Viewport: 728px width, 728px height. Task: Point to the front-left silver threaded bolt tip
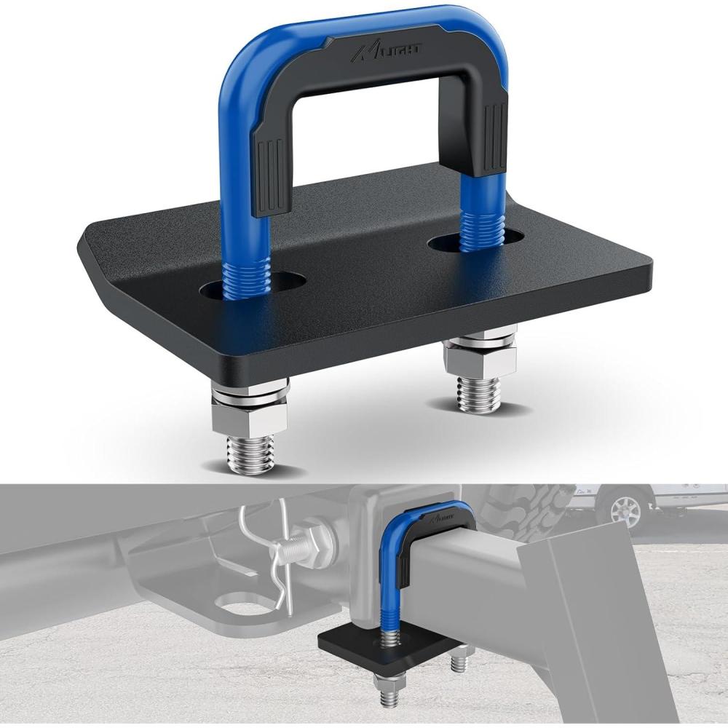tap(250, 455)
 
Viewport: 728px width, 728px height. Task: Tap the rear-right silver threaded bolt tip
tap(478, 393)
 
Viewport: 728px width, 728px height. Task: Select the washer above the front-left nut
tap(250, 397)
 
